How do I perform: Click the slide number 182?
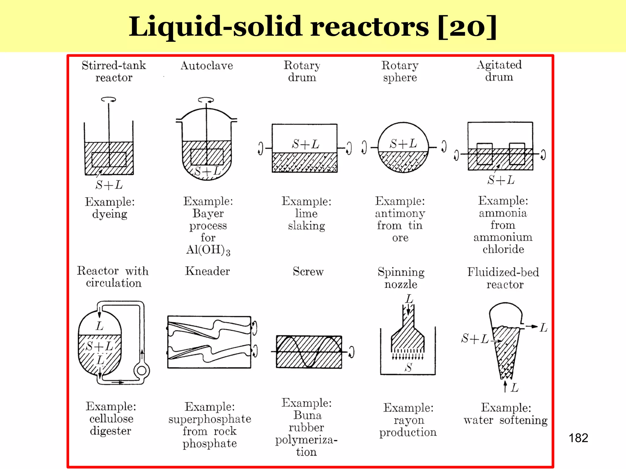click(578, 438)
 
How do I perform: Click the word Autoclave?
click(207, 66)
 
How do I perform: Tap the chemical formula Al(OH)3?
click(208, 250)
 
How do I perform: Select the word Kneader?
click(207, 271)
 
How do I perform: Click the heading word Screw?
click(308, 271)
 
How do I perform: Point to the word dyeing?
click(110, 214)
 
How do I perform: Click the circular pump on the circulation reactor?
click(142, 370)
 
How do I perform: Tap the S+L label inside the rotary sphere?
click(403, 144)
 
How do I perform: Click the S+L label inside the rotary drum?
click(305, 144)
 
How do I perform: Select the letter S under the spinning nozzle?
click(408, 367)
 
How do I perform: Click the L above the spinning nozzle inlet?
click(409, 299)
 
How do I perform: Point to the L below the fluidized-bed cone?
click(515, 388)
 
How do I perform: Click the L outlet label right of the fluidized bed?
click(543, 328)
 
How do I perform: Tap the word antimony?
click(400, 213)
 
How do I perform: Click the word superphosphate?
click(210, 419)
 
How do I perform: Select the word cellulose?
click(111, 419)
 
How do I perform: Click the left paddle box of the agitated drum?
click(484, 154)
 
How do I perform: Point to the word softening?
click(523, 420)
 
